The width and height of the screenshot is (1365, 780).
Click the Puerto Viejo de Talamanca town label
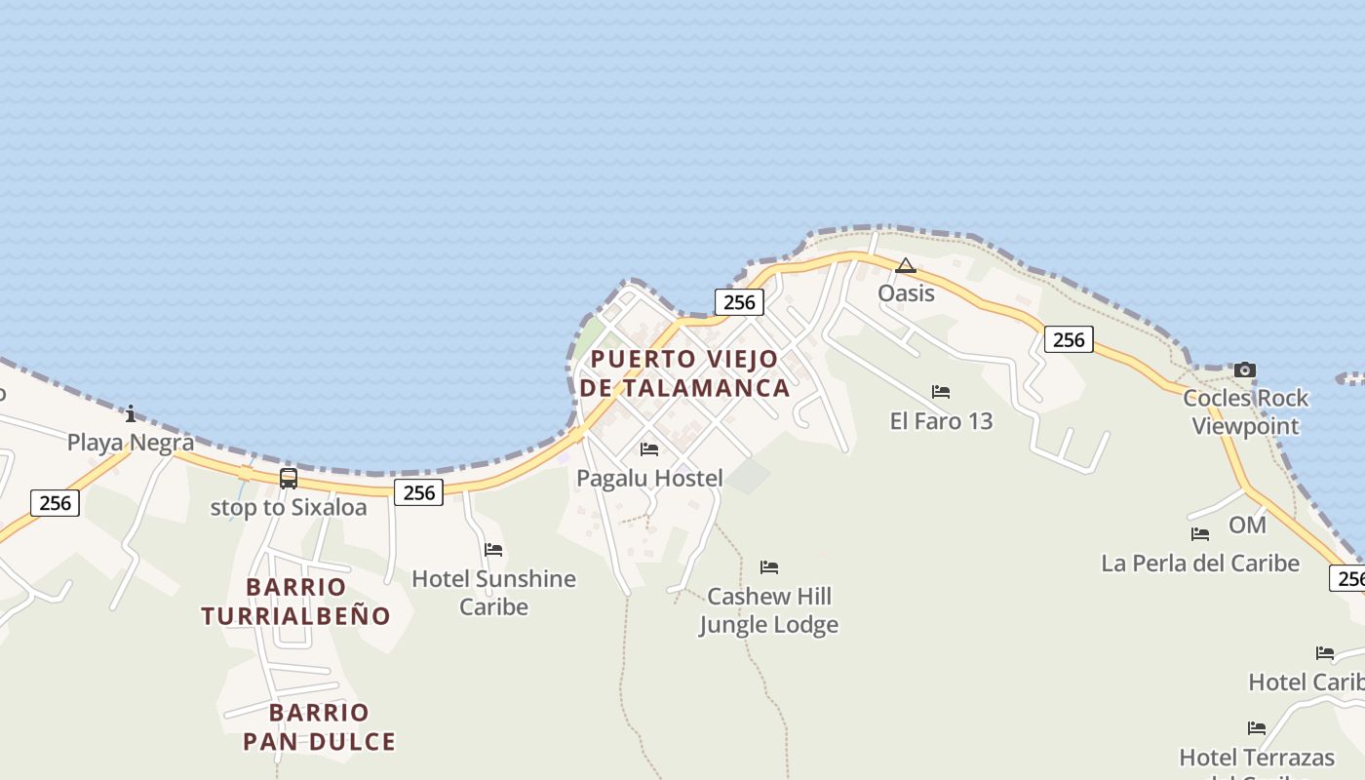[684, 373]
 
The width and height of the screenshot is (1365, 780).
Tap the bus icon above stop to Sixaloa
[289, 478]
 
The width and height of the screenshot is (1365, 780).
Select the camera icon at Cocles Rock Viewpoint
[1245, 370]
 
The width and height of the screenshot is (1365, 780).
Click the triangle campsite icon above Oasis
[906, 265]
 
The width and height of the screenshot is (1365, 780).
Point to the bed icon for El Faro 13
[941, 392]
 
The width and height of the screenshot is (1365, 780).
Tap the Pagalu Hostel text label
[649, 478]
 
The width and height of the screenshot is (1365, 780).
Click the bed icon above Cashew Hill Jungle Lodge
[769, 567]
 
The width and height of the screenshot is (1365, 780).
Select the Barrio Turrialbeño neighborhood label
[295, 602]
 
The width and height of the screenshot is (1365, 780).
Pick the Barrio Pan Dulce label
[319, 727]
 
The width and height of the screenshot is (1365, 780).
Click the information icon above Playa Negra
[131, 413]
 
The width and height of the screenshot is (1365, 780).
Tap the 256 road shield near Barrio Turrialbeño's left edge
[55, 503]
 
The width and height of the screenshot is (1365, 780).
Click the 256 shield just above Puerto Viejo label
[739, 302]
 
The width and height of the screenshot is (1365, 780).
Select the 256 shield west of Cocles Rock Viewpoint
[1069, 339]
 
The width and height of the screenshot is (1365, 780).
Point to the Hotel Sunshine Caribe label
[493, 592]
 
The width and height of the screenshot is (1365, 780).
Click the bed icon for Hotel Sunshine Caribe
[493, 550]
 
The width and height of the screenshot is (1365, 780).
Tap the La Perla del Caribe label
[1200, 564]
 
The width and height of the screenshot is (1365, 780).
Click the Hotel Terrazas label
[1256, 758]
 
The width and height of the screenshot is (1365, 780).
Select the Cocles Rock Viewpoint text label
[1245, 411]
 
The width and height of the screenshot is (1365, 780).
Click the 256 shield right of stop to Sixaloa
[419, 492]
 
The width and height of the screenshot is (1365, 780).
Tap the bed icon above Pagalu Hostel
[649, 449]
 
